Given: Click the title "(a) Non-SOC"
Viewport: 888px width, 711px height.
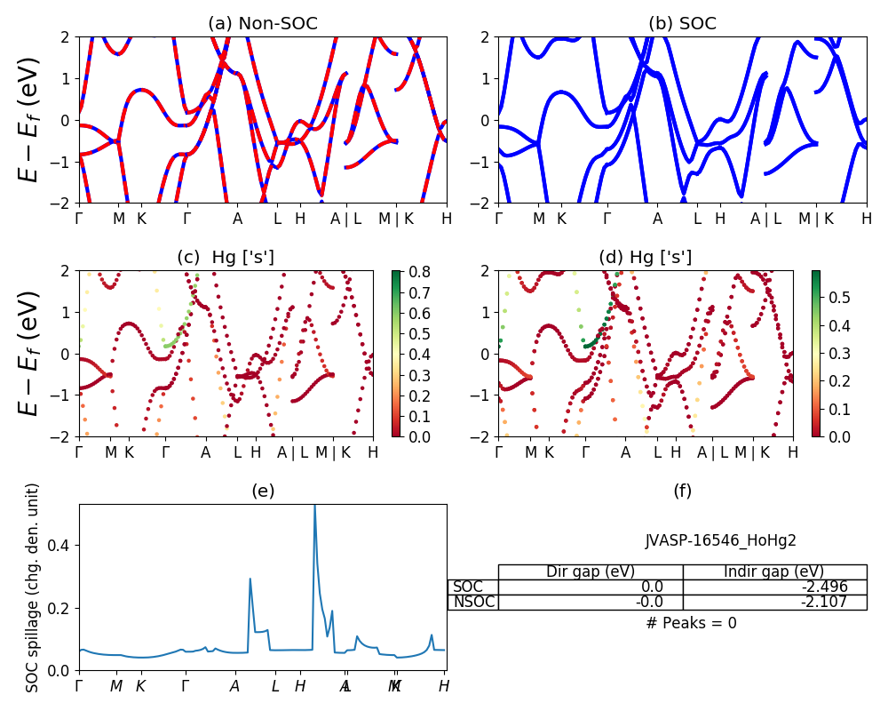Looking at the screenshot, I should [x=262, y=24].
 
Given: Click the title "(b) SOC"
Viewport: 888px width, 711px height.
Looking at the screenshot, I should [x=682, y=24].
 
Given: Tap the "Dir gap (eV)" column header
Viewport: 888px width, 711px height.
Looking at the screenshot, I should [x=591, y=571].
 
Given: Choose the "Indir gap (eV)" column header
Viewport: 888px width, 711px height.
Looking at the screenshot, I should [x=774, y=571].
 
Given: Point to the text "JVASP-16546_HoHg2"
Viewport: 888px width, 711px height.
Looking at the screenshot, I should [x=720, y=540].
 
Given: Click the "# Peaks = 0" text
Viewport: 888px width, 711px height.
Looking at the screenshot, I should [x=691, y=623].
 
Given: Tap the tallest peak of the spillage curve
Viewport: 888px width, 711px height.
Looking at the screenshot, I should [x=314, y=507].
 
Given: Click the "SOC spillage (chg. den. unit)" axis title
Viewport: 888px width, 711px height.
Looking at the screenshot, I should [x=33, y=587].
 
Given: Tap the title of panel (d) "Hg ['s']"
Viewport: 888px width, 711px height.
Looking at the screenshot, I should [x=646, y=258].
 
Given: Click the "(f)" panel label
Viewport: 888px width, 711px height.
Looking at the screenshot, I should [x=682, y=491].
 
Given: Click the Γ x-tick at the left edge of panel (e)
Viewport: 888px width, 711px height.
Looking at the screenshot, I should [x=79, y=686].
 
